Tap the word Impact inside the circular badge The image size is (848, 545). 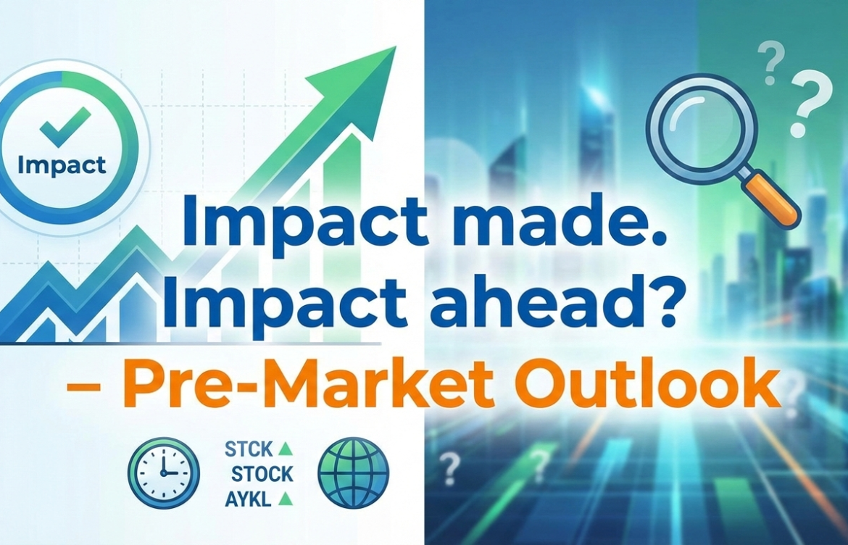[62, 165]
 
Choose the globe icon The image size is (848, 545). [354, 472]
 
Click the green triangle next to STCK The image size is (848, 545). [285, 449]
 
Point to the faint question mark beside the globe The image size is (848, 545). [450, 467]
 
